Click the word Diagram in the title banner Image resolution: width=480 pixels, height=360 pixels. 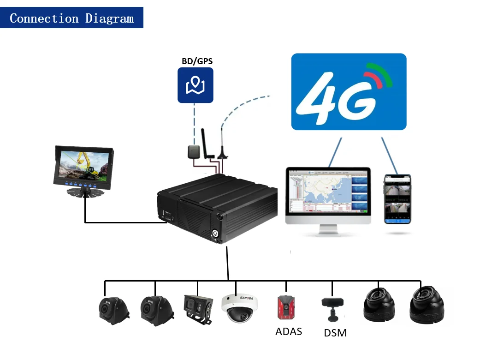(109, 18)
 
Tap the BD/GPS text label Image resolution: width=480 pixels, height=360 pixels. (197, 60)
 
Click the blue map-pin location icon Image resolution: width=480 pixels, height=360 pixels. (196, 85)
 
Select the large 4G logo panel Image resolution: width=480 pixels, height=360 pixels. (349, 91)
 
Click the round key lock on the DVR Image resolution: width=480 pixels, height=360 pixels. (215, 233)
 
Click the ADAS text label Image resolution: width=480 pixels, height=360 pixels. (288, 331)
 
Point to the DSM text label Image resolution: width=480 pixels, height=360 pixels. (335, 333)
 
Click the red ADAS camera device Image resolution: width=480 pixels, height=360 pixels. (286, 306)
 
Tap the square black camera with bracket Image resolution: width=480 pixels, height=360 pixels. (198, 308)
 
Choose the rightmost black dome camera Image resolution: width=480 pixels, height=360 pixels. (427, 304)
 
